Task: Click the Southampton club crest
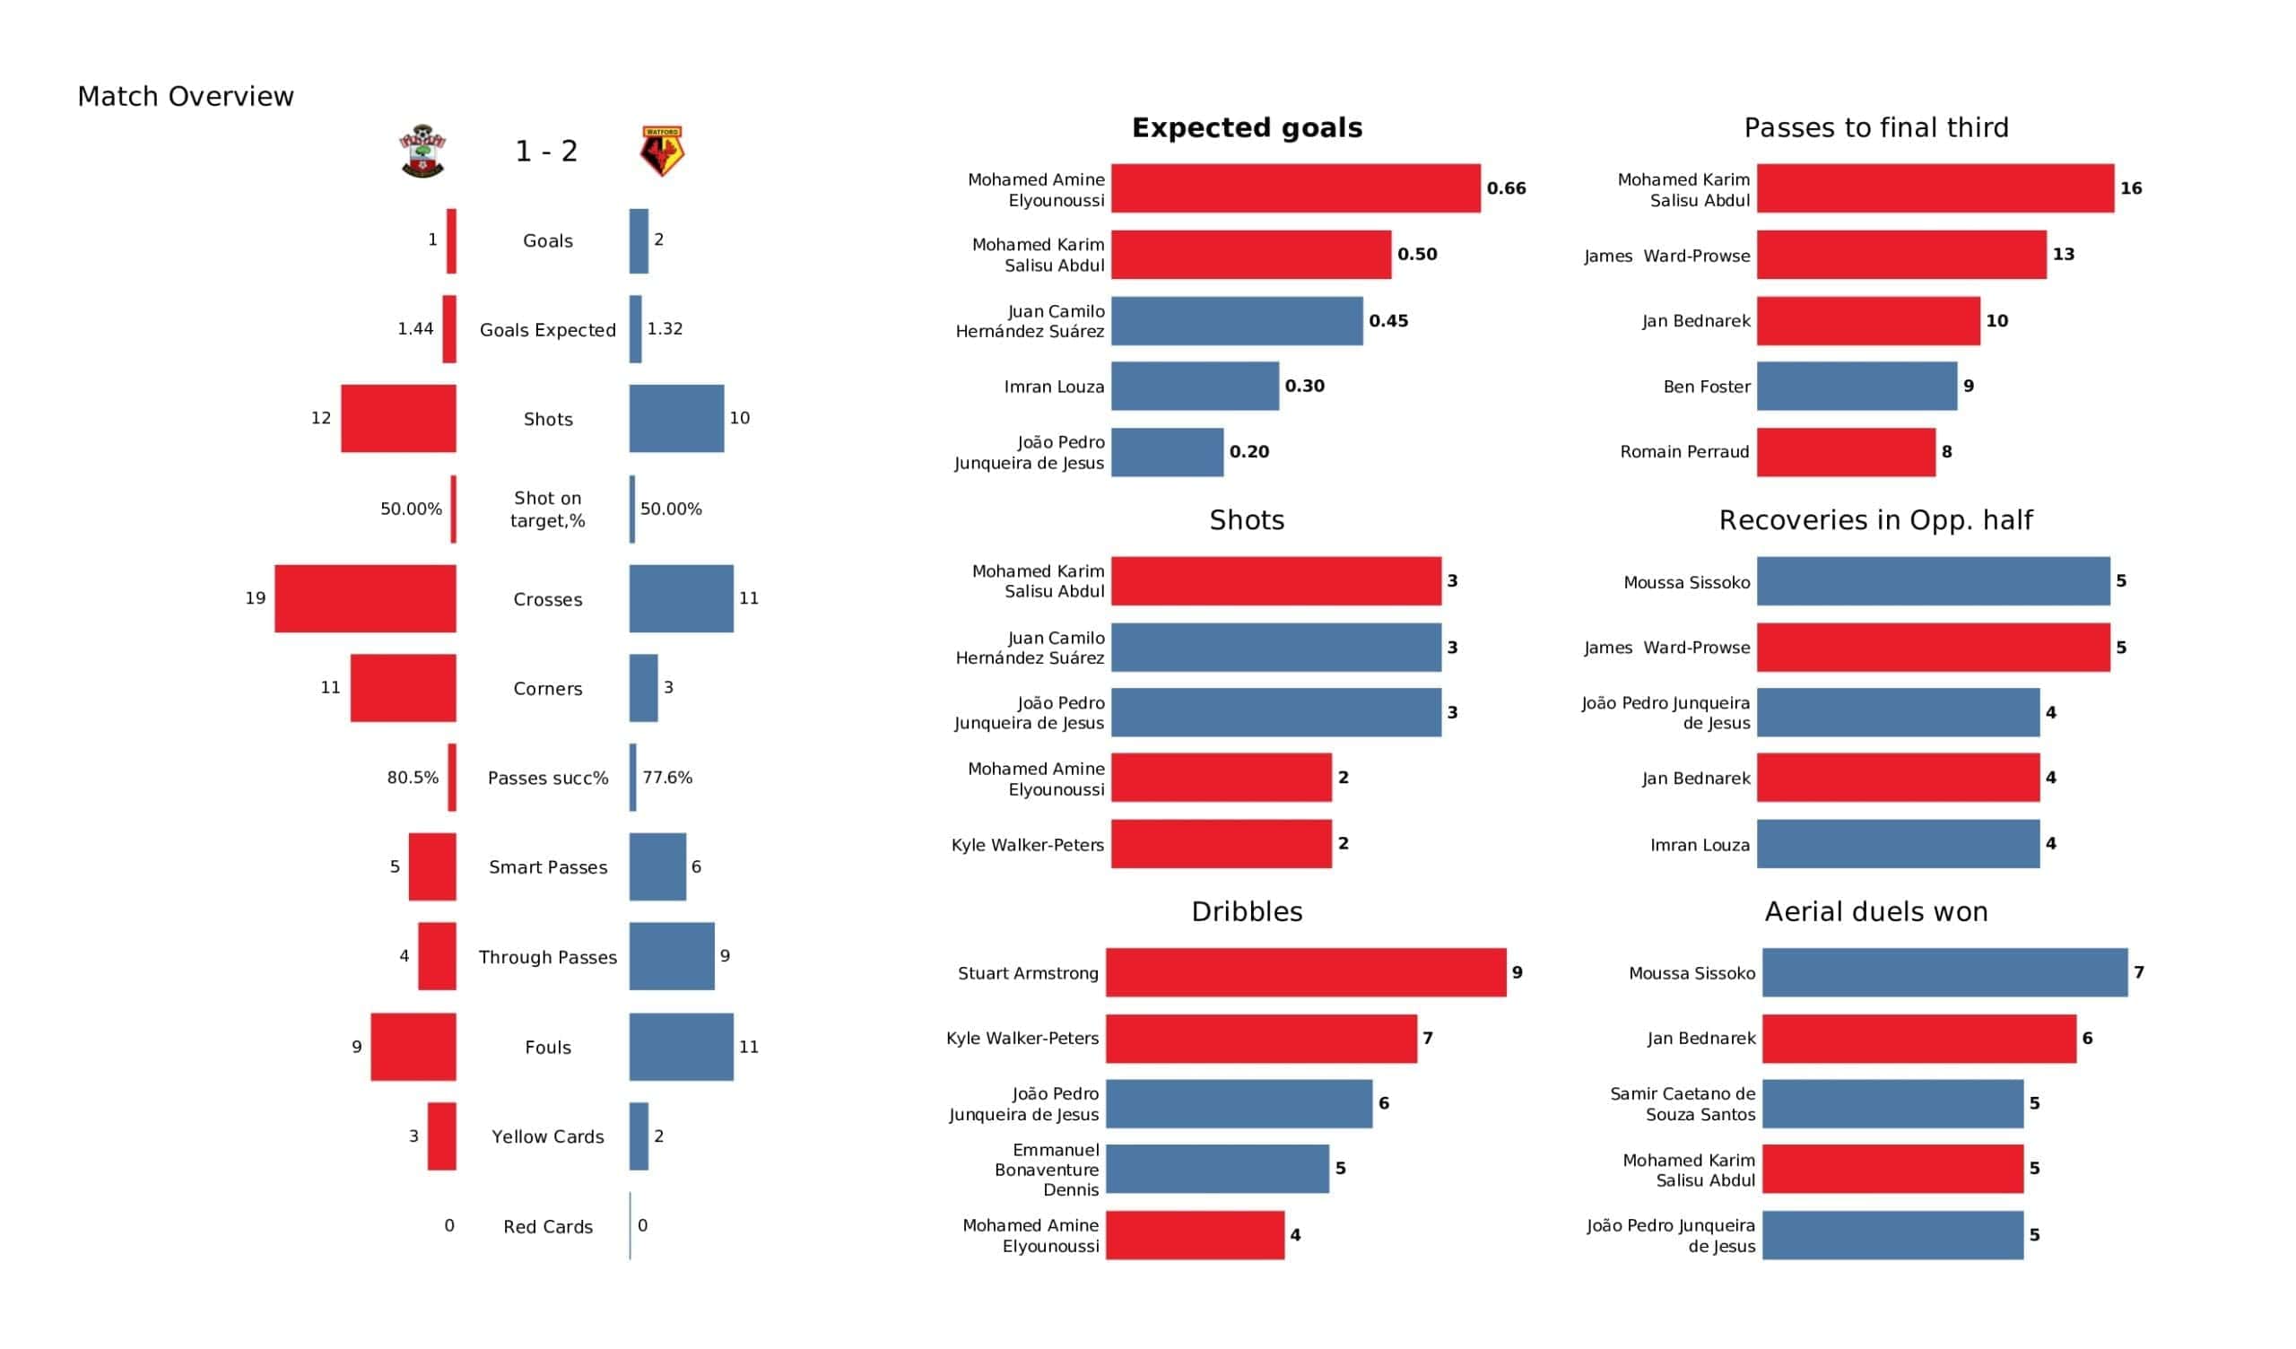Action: tap(422, 152)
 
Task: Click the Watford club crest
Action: tap(662, 152)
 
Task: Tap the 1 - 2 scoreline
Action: tap(546, 152)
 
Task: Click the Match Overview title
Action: tap(186, 97)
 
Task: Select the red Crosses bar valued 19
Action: tap(365, 599)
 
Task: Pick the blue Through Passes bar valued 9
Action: tap(672, 956)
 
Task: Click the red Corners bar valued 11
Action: tap(403, 688)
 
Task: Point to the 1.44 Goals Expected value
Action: tap(415, 329)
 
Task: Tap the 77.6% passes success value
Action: tap(667, 778)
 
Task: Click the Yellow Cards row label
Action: tap(548, 1136)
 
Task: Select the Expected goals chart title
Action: tap(1247, 127)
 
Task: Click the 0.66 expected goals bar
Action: tap(1295, 188)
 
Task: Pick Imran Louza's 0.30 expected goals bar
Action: tap(1195, 387)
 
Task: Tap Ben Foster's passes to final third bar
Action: tap(1856, 387)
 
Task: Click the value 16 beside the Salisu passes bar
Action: tap(2130, 188)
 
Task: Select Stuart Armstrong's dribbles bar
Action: tap(1306, 972)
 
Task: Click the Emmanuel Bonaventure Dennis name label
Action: tap(1047, 1170)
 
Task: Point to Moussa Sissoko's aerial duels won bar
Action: tap(1944, 972)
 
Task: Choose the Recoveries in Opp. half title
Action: tap(1875, 520)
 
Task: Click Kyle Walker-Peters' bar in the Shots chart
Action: tap(1221, 844)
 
